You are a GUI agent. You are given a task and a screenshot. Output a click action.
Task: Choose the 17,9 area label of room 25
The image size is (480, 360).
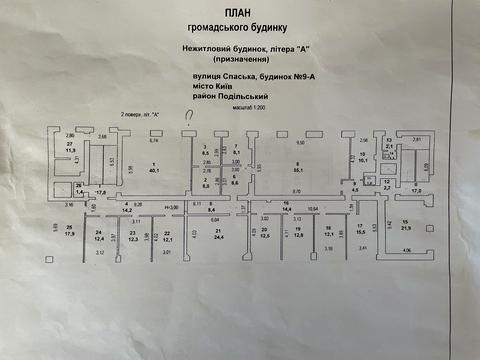69,234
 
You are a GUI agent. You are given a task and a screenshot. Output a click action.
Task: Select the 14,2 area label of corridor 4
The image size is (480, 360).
127,211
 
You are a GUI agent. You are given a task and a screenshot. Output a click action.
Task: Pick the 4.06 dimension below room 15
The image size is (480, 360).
406,249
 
